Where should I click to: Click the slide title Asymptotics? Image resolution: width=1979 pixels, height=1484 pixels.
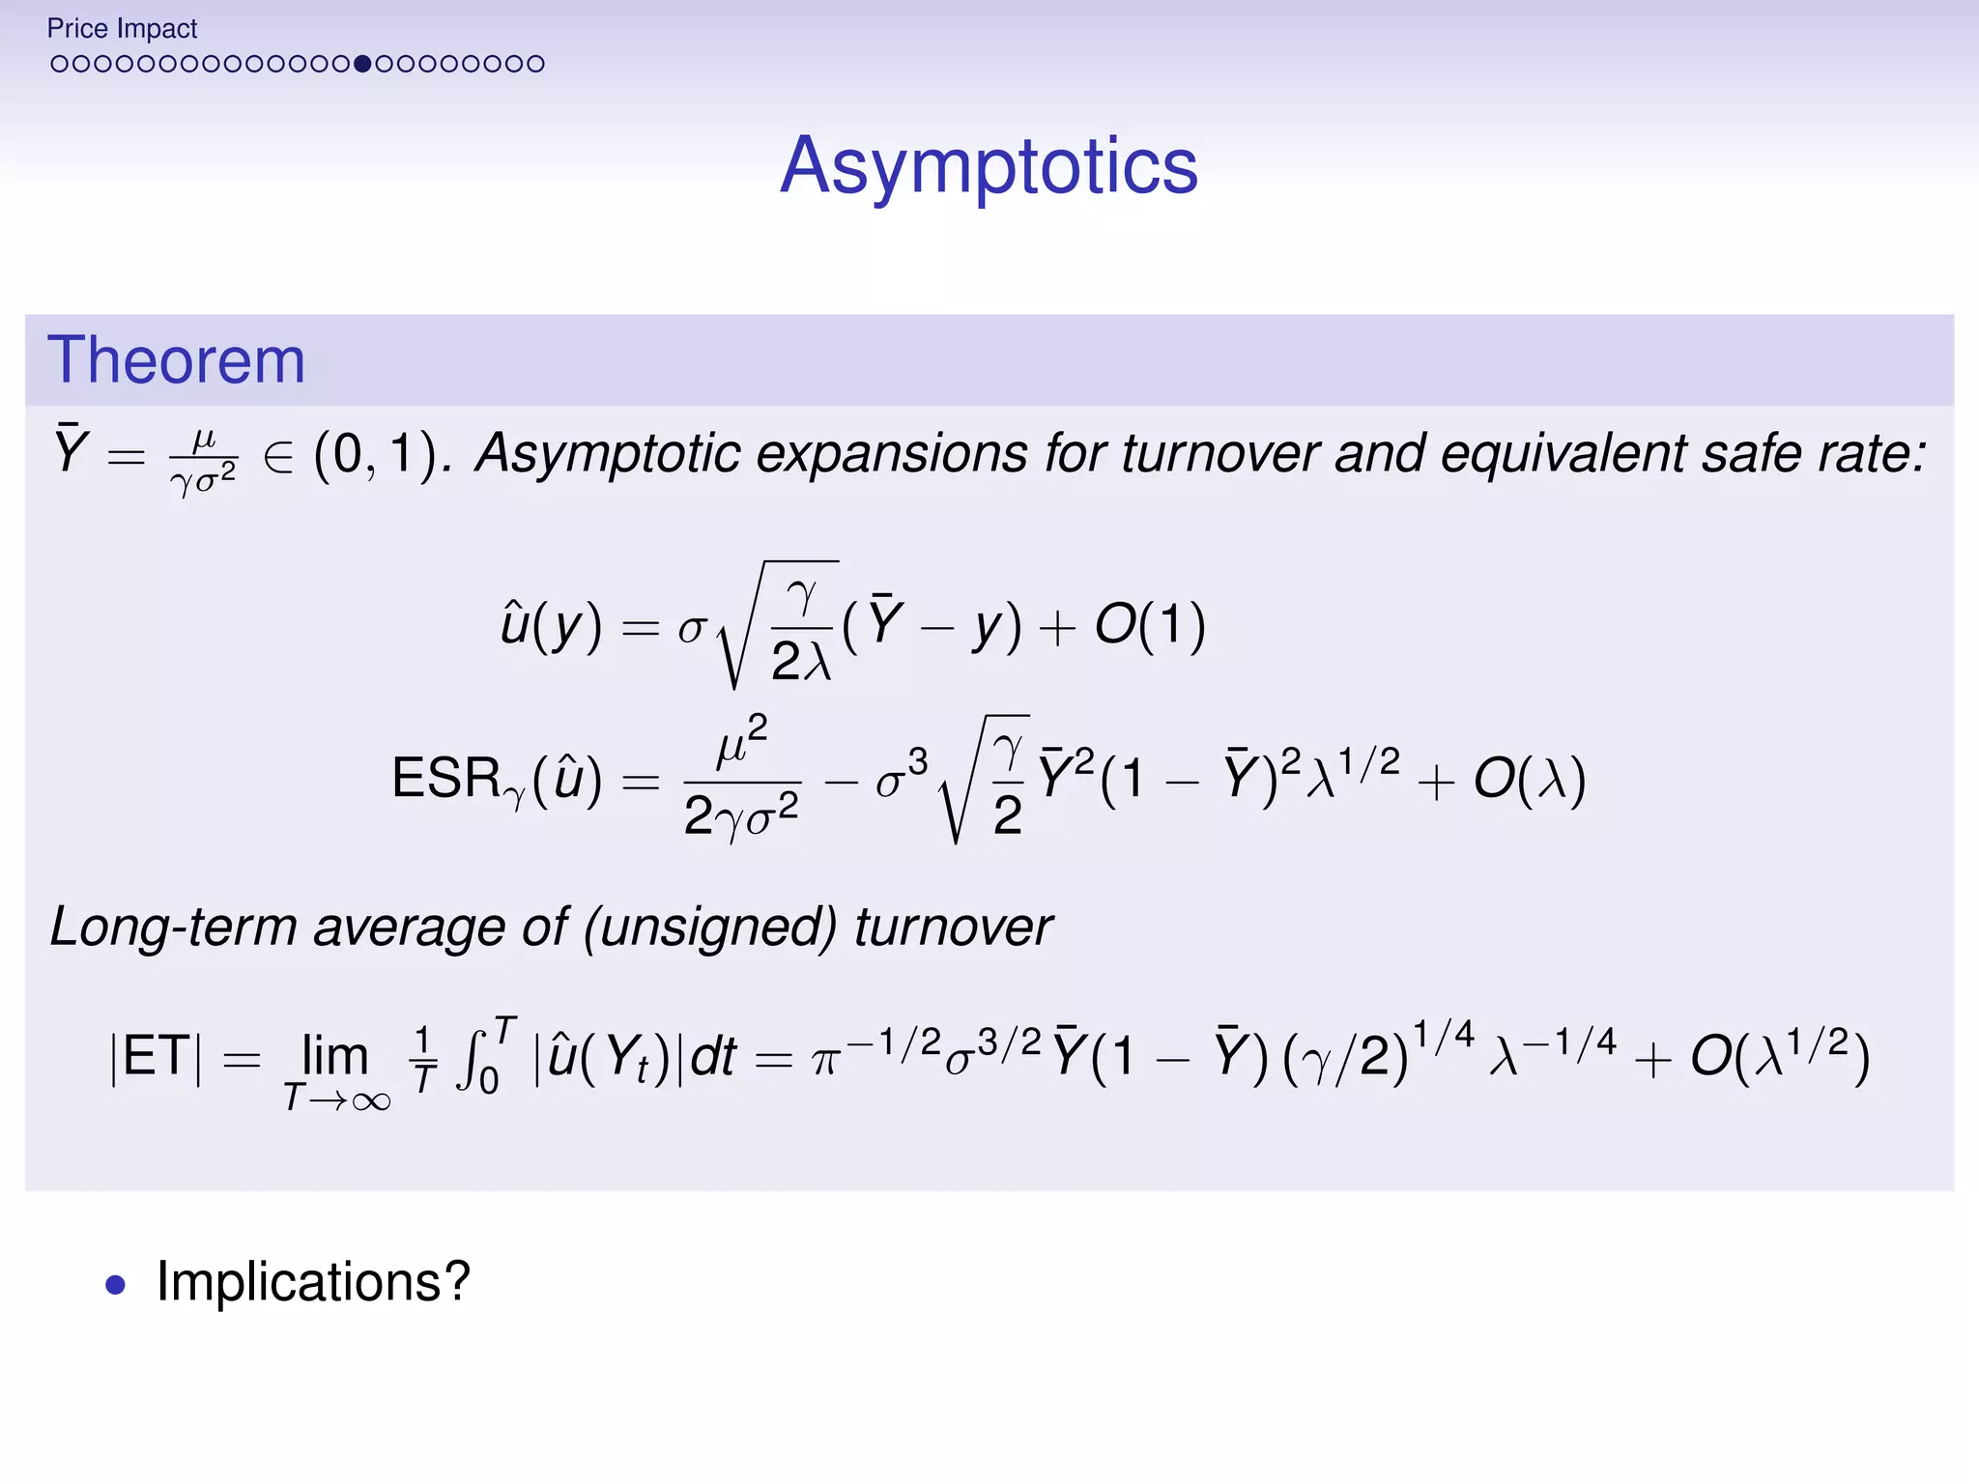click(989, 166)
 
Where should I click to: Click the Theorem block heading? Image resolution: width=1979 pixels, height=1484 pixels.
click(176, 360)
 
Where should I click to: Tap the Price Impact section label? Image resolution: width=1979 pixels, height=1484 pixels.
click(122, 29)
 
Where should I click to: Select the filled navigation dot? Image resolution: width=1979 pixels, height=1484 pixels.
click(362, 64)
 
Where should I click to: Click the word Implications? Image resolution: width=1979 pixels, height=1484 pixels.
click(313, 1282)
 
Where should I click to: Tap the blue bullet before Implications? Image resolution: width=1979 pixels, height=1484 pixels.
click(116, 1285)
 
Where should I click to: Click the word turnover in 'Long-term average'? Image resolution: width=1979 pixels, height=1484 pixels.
click(953, 927)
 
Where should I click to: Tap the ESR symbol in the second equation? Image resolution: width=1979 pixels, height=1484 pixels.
click(446, 779)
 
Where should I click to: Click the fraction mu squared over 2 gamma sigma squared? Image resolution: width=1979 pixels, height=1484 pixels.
click(742, 779)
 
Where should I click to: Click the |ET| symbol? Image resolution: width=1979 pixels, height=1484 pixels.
click(158, 1056)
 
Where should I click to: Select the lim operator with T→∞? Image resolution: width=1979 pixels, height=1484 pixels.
click(335, 1068)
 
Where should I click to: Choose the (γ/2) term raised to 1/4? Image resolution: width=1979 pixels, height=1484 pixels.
click(1345, 1056)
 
